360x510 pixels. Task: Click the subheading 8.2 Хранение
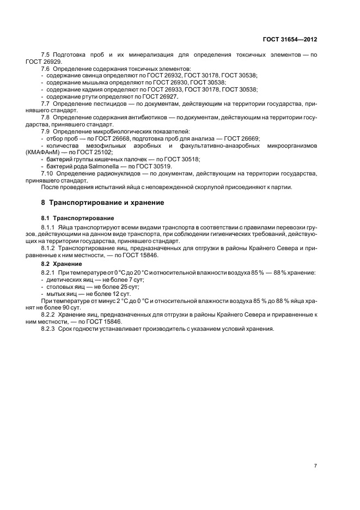62,264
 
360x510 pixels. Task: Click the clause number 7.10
48,173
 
